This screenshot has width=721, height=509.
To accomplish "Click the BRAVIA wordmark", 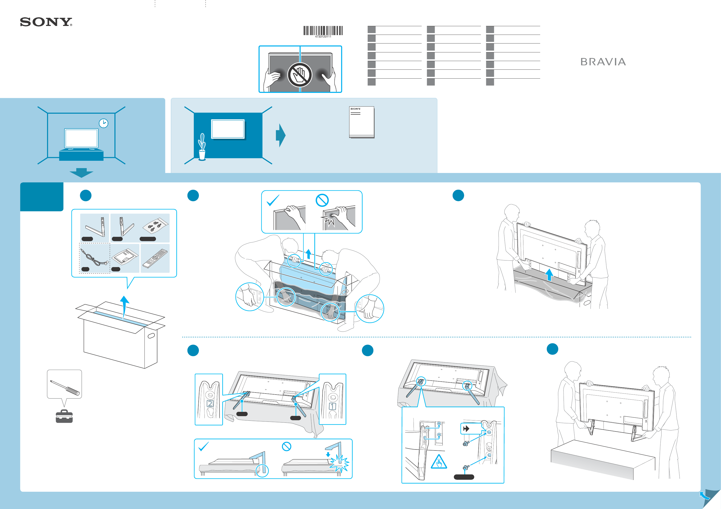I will [x=602, y=62].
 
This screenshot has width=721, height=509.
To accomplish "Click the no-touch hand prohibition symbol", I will [x=300, y=75].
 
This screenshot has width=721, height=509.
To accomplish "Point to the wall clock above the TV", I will [x=103, y=123].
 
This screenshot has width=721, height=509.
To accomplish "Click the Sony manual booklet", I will [x=361, y=122].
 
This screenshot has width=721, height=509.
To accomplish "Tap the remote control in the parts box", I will [x=155, y=258].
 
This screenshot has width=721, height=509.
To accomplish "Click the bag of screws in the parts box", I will [x=155, y=225].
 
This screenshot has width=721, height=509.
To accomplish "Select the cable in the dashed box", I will [x=94, y=258].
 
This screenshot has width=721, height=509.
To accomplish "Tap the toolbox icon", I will [x=64, y=416].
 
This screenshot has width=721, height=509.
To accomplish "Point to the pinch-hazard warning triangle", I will [x=439, y=462].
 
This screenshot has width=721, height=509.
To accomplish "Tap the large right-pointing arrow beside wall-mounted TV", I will [x=281, y=135].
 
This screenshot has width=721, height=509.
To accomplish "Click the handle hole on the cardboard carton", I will [x=151, y=336].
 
